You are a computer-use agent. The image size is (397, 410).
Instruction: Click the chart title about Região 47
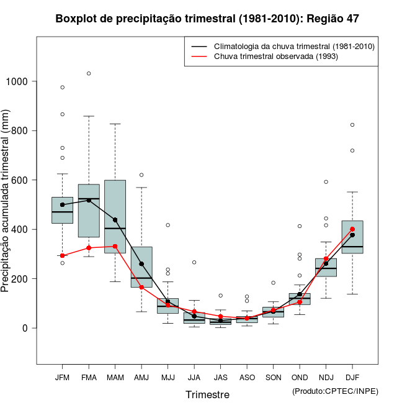207,19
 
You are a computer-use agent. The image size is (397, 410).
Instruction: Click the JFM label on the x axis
62,378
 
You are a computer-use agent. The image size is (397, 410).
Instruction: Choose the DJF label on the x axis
352,378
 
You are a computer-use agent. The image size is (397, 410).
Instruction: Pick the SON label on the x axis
273,378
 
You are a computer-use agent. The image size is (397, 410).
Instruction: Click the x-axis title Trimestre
207,394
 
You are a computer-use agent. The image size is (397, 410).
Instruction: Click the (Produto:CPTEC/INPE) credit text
335,391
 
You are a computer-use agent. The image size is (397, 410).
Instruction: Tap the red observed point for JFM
63,255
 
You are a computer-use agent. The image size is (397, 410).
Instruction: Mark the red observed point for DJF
352,229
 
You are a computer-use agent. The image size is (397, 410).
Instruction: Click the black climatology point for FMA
89,200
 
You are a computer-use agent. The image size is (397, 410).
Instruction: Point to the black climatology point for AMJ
141,264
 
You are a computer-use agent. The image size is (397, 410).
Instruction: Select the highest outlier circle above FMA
89,73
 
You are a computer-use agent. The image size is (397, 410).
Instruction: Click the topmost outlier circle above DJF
352,125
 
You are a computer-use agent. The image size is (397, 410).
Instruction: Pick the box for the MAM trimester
115,217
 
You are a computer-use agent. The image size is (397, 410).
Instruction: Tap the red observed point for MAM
115,246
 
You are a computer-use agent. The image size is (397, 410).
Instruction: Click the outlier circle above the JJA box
194,262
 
